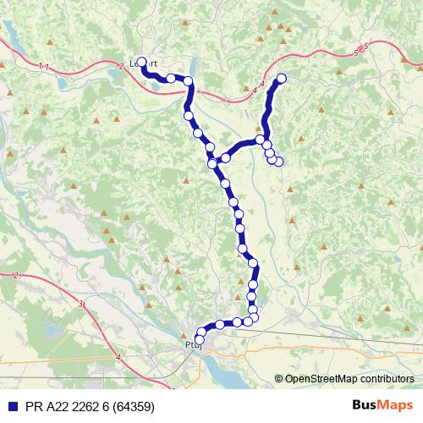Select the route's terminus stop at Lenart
tap(142, 62)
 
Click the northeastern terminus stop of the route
tap(282, 79)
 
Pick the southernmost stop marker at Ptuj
tap(200, 339)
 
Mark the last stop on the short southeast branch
tap(278, 162)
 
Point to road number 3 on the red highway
tap(80, 303)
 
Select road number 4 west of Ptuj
tap(118, 359)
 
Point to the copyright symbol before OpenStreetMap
tap(279, 379)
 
